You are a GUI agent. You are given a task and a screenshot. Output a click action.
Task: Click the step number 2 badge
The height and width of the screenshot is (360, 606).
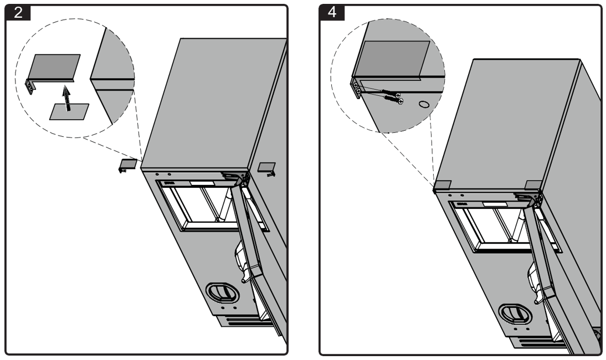pyautogui.click(x=18, y=12)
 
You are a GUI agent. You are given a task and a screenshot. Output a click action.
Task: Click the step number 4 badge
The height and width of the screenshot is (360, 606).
pyautogui.click(x=332, y=12)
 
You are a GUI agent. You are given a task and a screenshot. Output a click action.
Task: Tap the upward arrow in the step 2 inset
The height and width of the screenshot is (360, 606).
pyautogui.click(x=68, y=98)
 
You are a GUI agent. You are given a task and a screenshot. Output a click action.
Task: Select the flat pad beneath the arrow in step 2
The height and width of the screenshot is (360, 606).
pyautogui.click(x=69, y=112)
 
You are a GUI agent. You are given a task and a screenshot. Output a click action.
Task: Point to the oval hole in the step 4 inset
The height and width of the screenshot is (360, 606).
pyautogui.click(x=424, y=104)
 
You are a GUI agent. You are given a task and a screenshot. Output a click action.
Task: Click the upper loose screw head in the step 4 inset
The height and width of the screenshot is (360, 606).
pyautogui.click(x=398, y=95)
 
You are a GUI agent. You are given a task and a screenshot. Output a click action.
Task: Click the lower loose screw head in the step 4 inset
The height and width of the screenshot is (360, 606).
pyautogui.click(x=401, y=101)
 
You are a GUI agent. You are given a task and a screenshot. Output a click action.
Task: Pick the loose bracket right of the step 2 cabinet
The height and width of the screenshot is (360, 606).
pyautogui.click(x=267, y=168)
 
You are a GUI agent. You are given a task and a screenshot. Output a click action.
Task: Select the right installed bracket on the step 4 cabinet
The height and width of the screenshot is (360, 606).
pyautogui.click(x=533, y=184)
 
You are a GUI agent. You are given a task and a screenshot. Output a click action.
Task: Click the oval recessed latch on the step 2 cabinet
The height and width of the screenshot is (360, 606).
pyautogui.click(x=222, y=292)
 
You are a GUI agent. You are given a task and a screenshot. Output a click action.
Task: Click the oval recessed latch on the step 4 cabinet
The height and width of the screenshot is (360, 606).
pyautogui.click(x=515, y=313)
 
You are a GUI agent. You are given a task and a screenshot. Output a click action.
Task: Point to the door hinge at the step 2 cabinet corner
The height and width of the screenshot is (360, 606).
pyautogui.click(x=237, y=178)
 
